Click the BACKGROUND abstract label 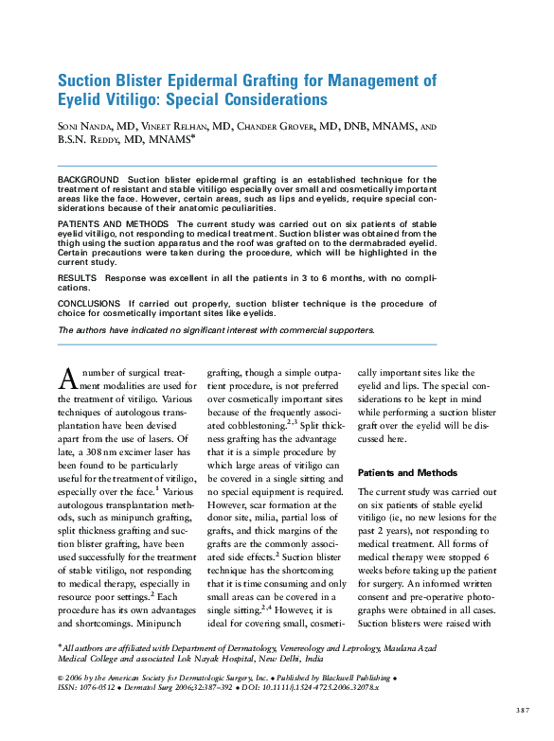pyautogui.click(x=88, y=179)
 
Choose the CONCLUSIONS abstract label pyautogui.click(x=93, y=304)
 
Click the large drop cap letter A pyautogui.click(x=67, y=378)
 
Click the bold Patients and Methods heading pyautogui.click(x=407, y=472)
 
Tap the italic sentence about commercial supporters pyautogui.click(x=216, y=330)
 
